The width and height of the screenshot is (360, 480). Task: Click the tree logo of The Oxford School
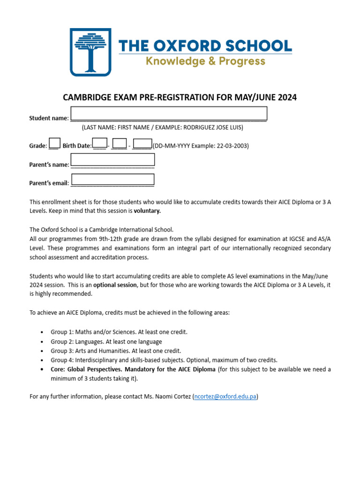click(90, 52)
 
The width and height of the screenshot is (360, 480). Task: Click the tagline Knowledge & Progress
click(205, 61)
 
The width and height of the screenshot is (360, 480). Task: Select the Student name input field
click(169, 114)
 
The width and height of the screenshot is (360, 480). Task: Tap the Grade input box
click(54, 143)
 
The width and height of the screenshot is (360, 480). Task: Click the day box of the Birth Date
click(100, 143)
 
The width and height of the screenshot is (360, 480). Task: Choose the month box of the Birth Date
click(120, 143)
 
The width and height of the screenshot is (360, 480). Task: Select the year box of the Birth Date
click(142, 143)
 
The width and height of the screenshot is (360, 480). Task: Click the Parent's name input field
click(112, 160)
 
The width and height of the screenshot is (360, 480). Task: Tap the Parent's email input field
click(112, 180)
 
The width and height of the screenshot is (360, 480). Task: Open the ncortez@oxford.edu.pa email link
click(225, 397)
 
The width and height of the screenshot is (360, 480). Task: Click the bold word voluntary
click(147, 211)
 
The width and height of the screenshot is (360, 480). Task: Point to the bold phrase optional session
click(115, 285)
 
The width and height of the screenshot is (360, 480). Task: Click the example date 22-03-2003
click(232, 146)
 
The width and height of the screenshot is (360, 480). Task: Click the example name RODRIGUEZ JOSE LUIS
click(213, 127)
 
